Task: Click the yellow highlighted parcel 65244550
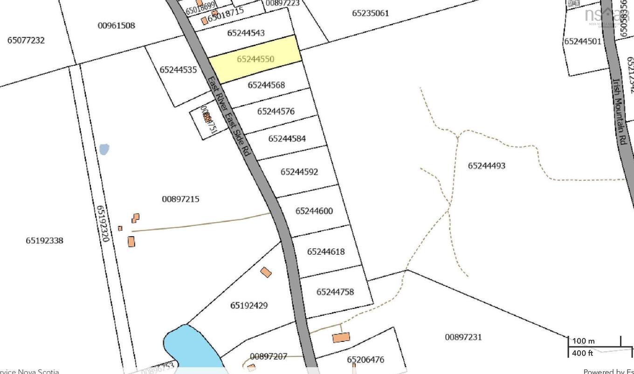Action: [x=255, y=59]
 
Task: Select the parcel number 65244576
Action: [x=276, y=111]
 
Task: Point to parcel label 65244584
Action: [x=287, y=138]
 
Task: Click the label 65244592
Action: [x=299, y=172]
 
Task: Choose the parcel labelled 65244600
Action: [x=314, y=211]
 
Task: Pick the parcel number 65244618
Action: [x=326, y=252]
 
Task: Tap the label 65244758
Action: [x=335, y=292]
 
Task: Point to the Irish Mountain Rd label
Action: [x=619, y=112]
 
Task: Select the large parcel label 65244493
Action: [x=487, y=165]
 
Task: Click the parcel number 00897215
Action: [x=180, y=199]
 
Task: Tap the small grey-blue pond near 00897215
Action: [x=104, y=150]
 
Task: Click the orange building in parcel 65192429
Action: [x=266, y=272]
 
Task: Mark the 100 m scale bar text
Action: [x=583, y=341]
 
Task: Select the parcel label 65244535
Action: [x=178, y=70]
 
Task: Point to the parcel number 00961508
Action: [x=117, y=25]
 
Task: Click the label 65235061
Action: [x=370, y=13]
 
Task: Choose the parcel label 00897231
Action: [x=463, y=337]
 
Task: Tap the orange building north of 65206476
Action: [x=341, y=337]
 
